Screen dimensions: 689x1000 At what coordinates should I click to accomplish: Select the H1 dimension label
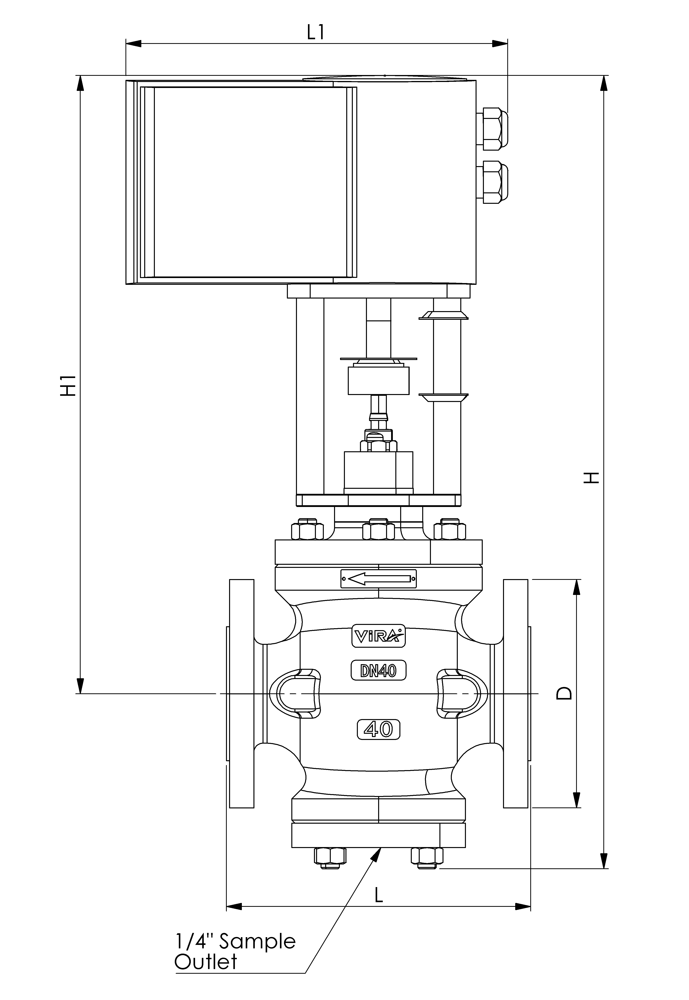(68, 386)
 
